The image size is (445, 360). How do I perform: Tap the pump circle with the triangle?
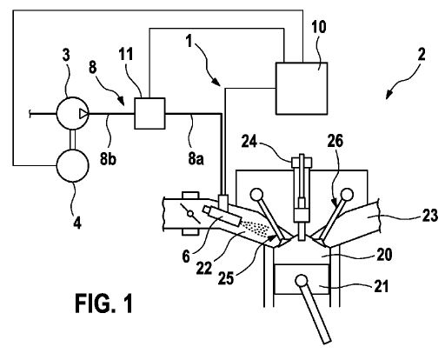point(72,113)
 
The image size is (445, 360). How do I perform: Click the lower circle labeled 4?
point(72,165)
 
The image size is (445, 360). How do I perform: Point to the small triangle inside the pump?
point(83,114)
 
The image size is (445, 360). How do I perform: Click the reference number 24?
point(249,142)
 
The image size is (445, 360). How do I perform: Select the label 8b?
point(108,159)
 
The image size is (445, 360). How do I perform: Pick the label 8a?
point(196,159)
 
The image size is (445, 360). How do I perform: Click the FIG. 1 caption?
point(103,303)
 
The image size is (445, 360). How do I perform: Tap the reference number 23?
point(429,216)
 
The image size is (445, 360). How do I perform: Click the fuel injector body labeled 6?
point(222,216)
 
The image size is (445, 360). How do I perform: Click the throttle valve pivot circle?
point(190,214)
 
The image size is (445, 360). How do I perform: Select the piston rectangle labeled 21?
point(302,279)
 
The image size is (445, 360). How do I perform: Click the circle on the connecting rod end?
point(302,281)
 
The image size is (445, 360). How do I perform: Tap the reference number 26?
point(335,141)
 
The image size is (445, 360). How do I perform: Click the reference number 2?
point(422,55)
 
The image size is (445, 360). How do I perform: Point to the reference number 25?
point(226,278)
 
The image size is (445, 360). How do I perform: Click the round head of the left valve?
point(256,195)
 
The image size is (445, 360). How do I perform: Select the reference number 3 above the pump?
point(66,55)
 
